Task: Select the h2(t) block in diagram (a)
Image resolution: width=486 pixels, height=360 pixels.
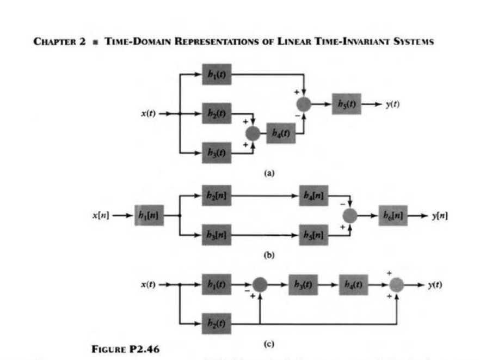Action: tap(217, 114)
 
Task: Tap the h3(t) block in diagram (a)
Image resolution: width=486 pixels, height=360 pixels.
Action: tap(217, 152)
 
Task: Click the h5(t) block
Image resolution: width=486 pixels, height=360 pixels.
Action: tap(347, 103)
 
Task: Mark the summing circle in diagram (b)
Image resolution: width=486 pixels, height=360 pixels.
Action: tap(350, 216)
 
